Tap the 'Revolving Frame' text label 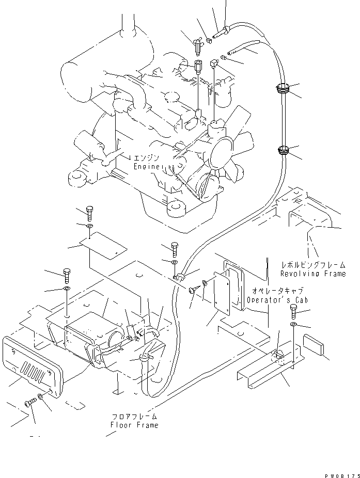click(x=312, y=273)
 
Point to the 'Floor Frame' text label click(x=134, y=425)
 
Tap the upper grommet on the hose click(x=283, y=89)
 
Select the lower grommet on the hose click(x=283, y=151)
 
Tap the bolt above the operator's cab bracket click(x=293, y=311)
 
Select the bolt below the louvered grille click(x=29, y=403)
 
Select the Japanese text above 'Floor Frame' click(x=134, y=416)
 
